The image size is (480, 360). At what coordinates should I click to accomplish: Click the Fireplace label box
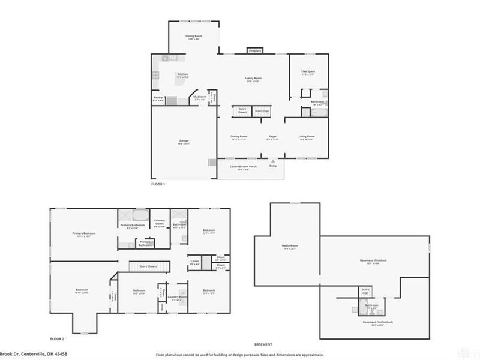[254, 51]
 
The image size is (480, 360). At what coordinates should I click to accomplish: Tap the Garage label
[184, 140]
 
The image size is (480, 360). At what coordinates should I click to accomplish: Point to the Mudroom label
[200, 97]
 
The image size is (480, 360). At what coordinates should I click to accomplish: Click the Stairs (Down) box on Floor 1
[242, 111]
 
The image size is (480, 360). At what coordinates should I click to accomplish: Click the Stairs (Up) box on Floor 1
[261, 111]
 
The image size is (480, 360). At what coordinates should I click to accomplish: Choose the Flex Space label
[308, 71]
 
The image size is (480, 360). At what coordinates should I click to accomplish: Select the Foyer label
[272, 136]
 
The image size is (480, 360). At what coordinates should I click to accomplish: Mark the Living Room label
[307, 136]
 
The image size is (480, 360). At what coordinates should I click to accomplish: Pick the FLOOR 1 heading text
[158, 184]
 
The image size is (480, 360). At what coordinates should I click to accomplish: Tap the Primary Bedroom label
[84, 233]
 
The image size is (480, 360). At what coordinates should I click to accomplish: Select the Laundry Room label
[176, 296]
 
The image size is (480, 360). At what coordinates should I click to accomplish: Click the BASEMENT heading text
[263, 344]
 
